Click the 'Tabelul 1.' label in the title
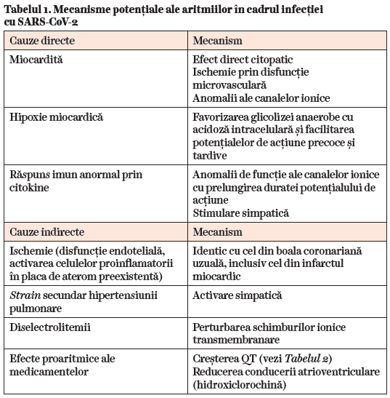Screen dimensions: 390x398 pyautogui.click(x=31, y=9)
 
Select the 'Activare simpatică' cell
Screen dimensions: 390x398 pyautogui.click(x=237, y=296)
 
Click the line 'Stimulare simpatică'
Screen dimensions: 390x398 pyautogui.click(x=240, y=213)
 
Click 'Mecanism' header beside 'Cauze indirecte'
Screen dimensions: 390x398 pyautogui.click(x=218, y=232)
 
